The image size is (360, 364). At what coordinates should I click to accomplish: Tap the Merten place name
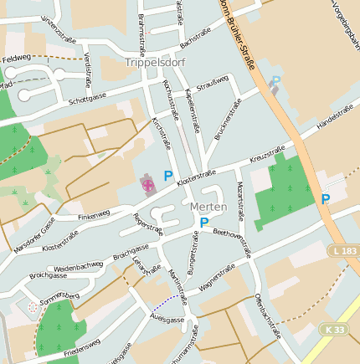tap(208, 207)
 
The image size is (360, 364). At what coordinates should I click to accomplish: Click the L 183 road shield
tap(345, 251)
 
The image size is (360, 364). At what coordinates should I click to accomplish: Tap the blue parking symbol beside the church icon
tap(168, 177)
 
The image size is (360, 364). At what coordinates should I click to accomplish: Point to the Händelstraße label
tap(337, 118)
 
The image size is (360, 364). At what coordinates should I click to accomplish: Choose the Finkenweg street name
tap(94, 215)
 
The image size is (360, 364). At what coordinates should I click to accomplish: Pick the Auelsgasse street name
tap(167, 320)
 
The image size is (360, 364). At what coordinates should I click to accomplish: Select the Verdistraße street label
tap(87, 67)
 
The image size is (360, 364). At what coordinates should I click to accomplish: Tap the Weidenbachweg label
tap(79, 265)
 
